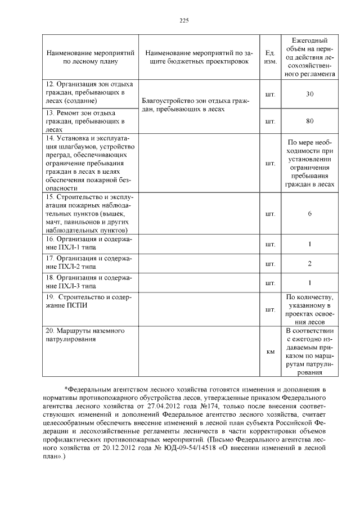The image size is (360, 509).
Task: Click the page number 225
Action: coord(183,20)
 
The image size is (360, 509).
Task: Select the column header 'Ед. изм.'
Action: coord(269,56)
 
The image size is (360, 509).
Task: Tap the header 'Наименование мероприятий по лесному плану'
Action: coord(90,56)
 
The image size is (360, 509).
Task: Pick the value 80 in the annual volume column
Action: coord(309,120)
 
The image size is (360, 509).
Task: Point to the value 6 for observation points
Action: coord(309,214)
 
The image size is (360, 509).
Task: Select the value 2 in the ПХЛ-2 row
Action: coord(309,263)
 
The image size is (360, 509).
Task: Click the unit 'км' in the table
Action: coord(269,352)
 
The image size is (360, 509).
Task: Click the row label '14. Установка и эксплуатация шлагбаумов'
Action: coord(88,163)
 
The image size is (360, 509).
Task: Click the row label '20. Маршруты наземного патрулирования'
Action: coord(84,335)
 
